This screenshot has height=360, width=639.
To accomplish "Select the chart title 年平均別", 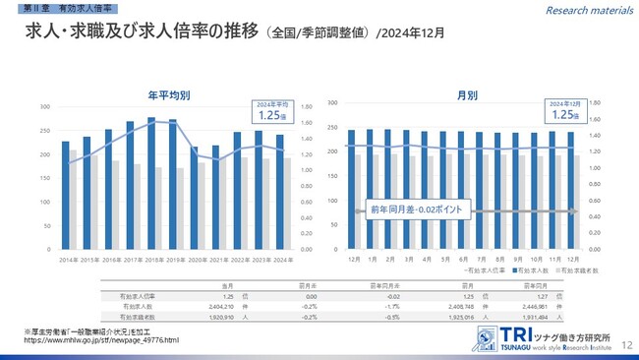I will point(168,95).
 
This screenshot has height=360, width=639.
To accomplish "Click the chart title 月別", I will point(467,95).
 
